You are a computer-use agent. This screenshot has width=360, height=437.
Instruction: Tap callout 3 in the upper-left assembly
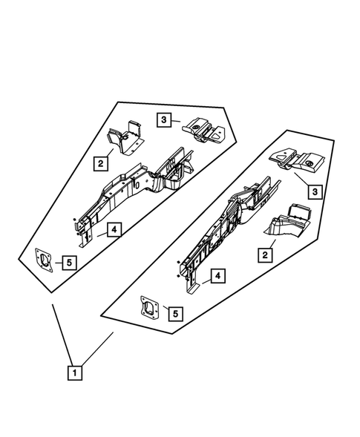(165, 118)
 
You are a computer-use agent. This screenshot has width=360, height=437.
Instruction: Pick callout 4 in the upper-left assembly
(113, 230)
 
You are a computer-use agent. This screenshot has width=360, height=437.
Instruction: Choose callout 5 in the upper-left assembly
(68, 262)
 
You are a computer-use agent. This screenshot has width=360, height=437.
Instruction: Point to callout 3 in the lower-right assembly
(314, 192)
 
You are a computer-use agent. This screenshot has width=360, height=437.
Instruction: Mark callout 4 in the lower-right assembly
(218, 276)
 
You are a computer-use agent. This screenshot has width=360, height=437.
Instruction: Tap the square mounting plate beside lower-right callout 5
(151, 306)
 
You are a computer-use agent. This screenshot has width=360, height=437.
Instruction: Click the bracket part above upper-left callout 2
(124, 136)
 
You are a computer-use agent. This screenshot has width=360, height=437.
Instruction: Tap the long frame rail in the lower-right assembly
(226, 223)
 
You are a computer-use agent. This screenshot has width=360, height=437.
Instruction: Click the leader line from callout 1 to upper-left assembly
(62, 334)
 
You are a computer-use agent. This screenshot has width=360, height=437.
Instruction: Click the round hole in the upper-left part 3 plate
(197, 128)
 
